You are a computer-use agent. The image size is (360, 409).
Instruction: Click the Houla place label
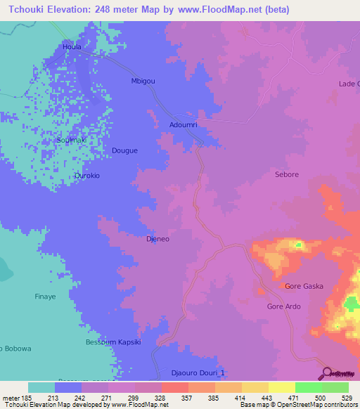click(72, 47)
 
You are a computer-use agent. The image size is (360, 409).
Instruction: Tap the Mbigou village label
click(143, 81)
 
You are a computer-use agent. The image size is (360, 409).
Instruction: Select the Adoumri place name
click(184, 124)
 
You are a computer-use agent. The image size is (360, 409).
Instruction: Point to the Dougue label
click(125, 150)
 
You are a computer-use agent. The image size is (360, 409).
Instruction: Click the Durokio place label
click(87, 176)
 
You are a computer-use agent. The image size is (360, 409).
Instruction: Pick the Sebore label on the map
click(287, 174)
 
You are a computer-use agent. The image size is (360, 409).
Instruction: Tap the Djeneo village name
click(157, 239)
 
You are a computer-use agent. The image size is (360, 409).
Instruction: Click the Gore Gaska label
click(303, 286)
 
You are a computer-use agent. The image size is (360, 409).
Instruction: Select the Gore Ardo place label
click(284, 306)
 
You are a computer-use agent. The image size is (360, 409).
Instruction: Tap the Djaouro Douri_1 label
click(198, 373)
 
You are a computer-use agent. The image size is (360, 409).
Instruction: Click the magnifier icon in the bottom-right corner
click(328, 372)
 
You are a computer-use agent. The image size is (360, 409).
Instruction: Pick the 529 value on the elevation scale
click(348, 397)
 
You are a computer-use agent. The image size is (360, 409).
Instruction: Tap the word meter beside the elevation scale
click(9, 397)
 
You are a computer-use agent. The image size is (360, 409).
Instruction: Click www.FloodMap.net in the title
click(201, 10)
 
